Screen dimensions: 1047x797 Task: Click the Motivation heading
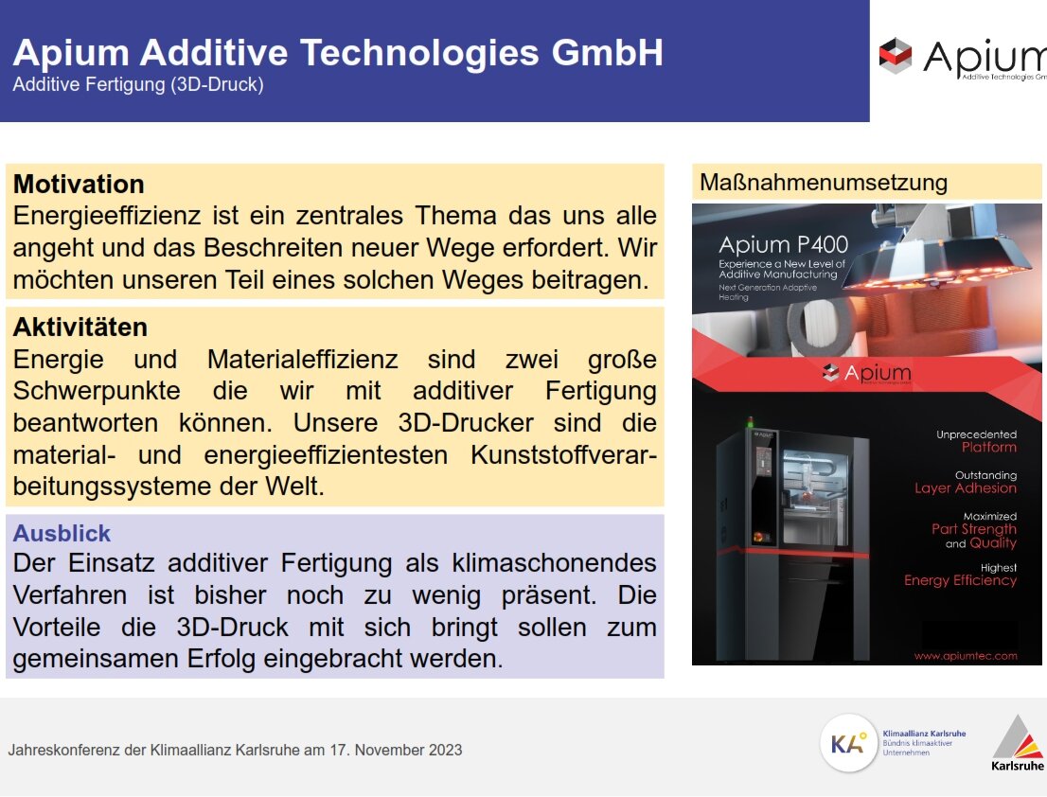[x=79, y=185]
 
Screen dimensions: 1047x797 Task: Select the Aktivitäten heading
[x=80, y=328]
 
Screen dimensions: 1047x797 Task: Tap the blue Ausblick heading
[x=62, y=533]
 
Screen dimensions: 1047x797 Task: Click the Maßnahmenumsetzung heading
[x=824, y=183]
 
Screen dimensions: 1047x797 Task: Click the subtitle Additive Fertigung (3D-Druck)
[x=138, y=85]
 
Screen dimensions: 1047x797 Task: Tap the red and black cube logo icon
[x=896, y=56]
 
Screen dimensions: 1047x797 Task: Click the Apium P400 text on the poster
[x=783, y=244]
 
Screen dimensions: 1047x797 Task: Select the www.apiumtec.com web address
[x=966, y=655]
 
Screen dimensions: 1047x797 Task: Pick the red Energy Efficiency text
[x=960, y=580]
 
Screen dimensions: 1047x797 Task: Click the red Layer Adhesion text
[x=966, y=487]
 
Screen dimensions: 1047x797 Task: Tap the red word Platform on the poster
[x=989, y=447]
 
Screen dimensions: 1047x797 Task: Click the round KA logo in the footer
[x=848, y=743]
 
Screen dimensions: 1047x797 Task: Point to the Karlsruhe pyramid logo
[x=1017, y=743]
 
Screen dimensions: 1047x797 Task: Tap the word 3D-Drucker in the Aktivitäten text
[x=466, y=423]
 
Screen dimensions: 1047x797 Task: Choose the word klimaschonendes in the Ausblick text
[x=554, y=562]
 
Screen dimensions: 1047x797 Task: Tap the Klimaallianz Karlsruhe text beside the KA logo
[x=924, y=734]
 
